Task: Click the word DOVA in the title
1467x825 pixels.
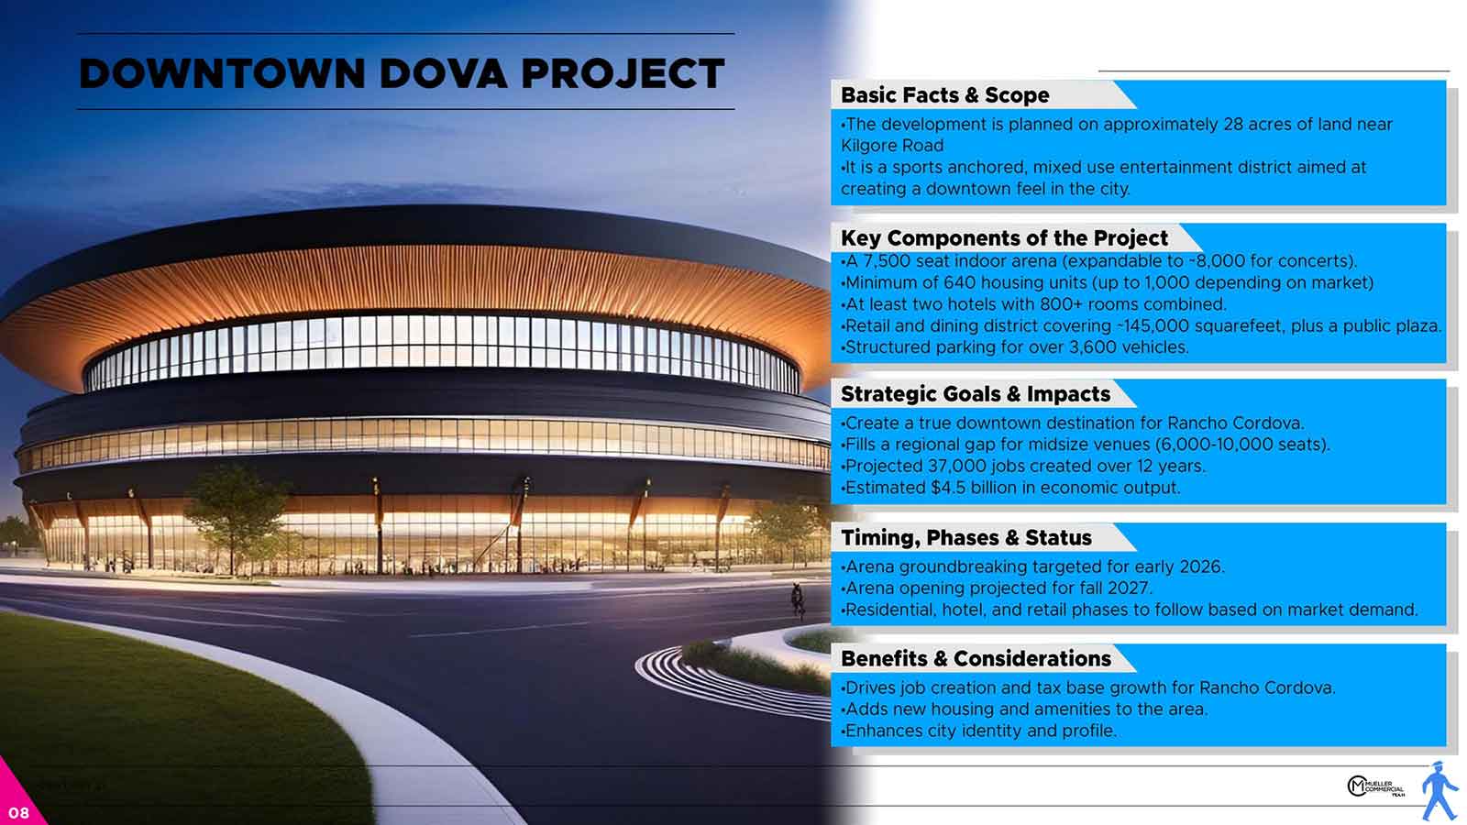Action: coord(443,73)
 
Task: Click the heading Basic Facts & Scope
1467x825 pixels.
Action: coord(944,95)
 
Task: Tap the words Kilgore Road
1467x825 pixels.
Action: coord(892,146)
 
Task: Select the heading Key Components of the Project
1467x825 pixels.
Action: coord(1004,237)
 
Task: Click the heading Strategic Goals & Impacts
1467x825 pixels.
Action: coord(976,394)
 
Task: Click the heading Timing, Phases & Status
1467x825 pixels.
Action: coord(966,537)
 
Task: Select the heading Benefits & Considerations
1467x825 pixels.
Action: coord(976,659)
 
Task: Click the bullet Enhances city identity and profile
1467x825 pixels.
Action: coord(979,731)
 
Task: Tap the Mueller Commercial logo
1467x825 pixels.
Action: coord(1375,786)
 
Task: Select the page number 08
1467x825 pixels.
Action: coord(19,813)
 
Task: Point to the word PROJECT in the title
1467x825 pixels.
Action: coord(623,73)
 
